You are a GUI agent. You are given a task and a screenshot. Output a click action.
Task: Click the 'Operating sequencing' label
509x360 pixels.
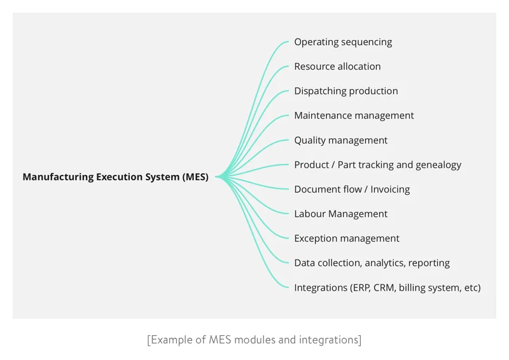point(343,42)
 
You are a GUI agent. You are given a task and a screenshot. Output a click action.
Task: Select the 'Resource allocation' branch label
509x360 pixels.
point(337,67)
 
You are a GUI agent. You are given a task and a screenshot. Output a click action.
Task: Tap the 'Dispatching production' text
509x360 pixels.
point(345,91)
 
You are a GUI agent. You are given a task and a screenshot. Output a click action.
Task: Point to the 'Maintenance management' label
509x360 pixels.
point(354,116)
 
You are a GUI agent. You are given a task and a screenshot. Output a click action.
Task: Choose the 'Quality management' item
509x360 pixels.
point(340,141)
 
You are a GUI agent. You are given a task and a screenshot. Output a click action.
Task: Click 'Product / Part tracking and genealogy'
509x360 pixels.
point(377,165)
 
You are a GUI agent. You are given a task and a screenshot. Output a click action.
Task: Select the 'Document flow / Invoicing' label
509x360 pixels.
point(352,190)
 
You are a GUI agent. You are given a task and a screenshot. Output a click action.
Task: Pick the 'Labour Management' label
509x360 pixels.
point(340,214)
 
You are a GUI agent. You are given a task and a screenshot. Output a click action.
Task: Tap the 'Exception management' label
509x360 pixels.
point(347,239)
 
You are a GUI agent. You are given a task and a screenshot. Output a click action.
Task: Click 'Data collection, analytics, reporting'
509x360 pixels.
point(372,263)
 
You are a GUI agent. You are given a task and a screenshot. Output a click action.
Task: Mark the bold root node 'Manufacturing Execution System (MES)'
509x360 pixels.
point(115,177)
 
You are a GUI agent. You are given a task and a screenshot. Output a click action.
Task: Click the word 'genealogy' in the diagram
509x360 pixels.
point(438,165)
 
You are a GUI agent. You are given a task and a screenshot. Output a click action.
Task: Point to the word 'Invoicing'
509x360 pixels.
point(390,190)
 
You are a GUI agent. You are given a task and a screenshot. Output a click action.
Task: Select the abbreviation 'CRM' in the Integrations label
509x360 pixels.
point(384,287)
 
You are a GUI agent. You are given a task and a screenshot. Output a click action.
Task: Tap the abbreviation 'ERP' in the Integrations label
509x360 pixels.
point(359,287)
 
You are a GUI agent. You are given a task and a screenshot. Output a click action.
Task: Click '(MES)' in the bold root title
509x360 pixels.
point(195,177)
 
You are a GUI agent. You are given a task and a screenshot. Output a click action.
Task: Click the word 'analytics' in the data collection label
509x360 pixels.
point(386,263)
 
